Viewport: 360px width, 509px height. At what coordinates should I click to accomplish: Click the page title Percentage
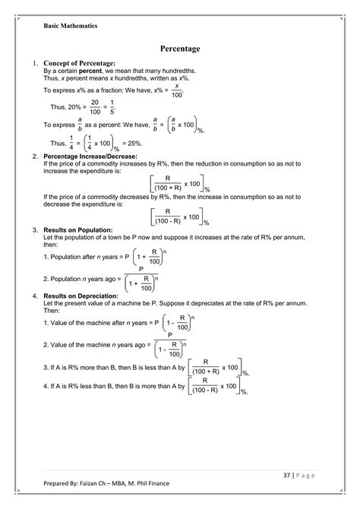pyautogui.click(x=180, y=49)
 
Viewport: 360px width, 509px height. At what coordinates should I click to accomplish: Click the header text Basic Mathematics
pyautogui.click(x=70, y=25)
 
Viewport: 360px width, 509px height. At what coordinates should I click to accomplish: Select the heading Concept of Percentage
pyautogui.click(x=79, y=62)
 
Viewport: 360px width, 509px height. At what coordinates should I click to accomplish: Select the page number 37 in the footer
pyautogui.click(x=279, y=476)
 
